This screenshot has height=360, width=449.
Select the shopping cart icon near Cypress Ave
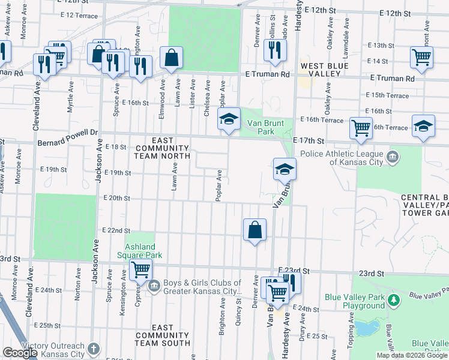(140, 271)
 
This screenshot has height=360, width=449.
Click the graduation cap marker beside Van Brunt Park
(229, 119)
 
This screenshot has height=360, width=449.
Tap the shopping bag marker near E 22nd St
(255, 229)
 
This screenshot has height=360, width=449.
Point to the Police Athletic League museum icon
(393, 157)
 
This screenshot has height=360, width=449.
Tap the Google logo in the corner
(20, 353)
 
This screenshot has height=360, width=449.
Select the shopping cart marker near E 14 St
(422, 58)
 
